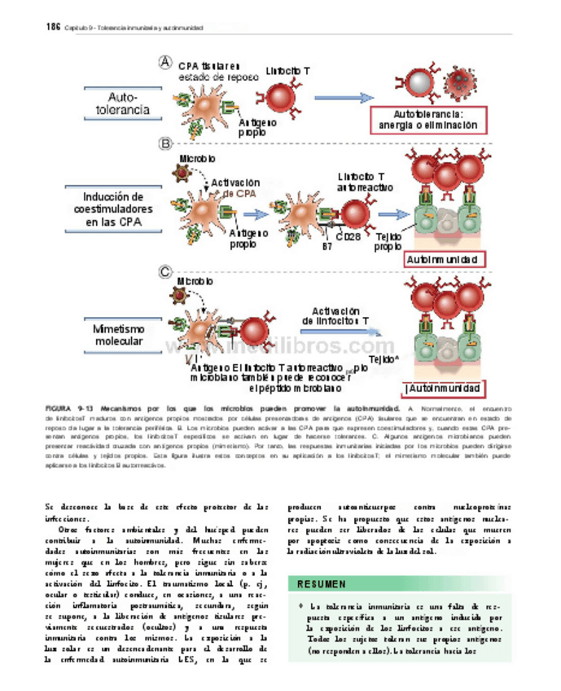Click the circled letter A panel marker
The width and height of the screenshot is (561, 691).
[x=166, y=61]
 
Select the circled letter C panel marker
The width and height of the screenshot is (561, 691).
[x=165, y=271]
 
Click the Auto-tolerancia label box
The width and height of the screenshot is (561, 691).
[x=123, y=103]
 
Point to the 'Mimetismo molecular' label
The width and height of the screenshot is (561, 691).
[x=117, y=335]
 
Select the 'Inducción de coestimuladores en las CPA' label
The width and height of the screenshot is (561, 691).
[x=113, y=209]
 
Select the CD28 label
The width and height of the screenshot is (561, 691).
[x=348, y=237]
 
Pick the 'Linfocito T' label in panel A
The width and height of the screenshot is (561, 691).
[x=287, y=72]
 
